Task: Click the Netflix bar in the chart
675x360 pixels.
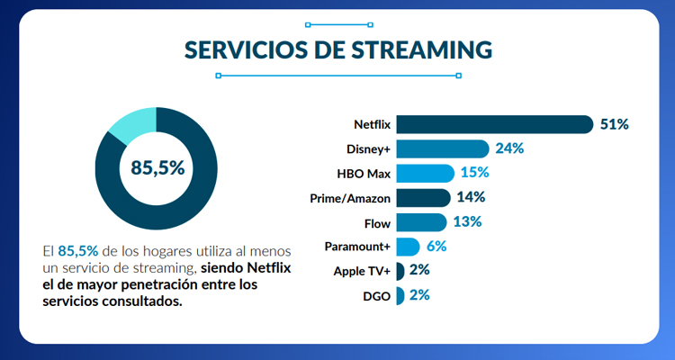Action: pos(493,124)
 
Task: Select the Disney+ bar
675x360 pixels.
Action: pos(442,148)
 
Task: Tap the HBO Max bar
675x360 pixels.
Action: pos(425,173)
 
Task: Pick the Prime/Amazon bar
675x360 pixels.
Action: pos(423,197)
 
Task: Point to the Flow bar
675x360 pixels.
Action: pos(421,221)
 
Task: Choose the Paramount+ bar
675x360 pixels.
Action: pos(408,246)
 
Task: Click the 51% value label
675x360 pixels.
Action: pos(615,124)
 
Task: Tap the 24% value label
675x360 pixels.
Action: pos(509,148)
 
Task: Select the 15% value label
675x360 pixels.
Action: pos(474,173)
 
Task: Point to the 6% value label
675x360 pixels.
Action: pos(436,246)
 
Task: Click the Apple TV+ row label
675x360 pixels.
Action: pos(362,270)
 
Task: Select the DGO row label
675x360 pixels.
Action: pos(376,294)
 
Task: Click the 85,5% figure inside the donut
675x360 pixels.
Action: pos(157,167)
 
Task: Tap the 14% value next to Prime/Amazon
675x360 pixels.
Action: pos(471,197)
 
